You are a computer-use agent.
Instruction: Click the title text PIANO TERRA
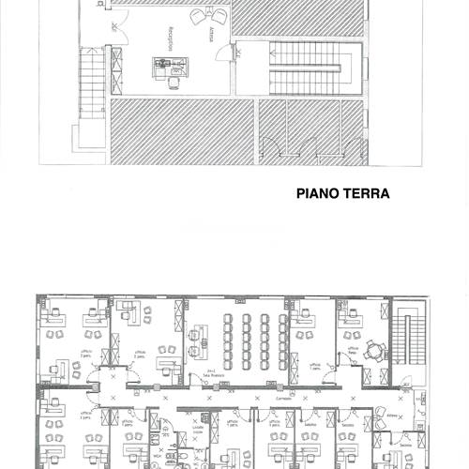(x=342, y=195)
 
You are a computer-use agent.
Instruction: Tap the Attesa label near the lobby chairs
(x=212, y=37)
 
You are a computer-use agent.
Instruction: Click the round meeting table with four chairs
(x=376, y=350)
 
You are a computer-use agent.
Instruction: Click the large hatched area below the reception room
(x=182, y=131)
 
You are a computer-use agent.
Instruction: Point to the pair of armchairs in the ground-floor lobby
(x=208, y=17)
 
